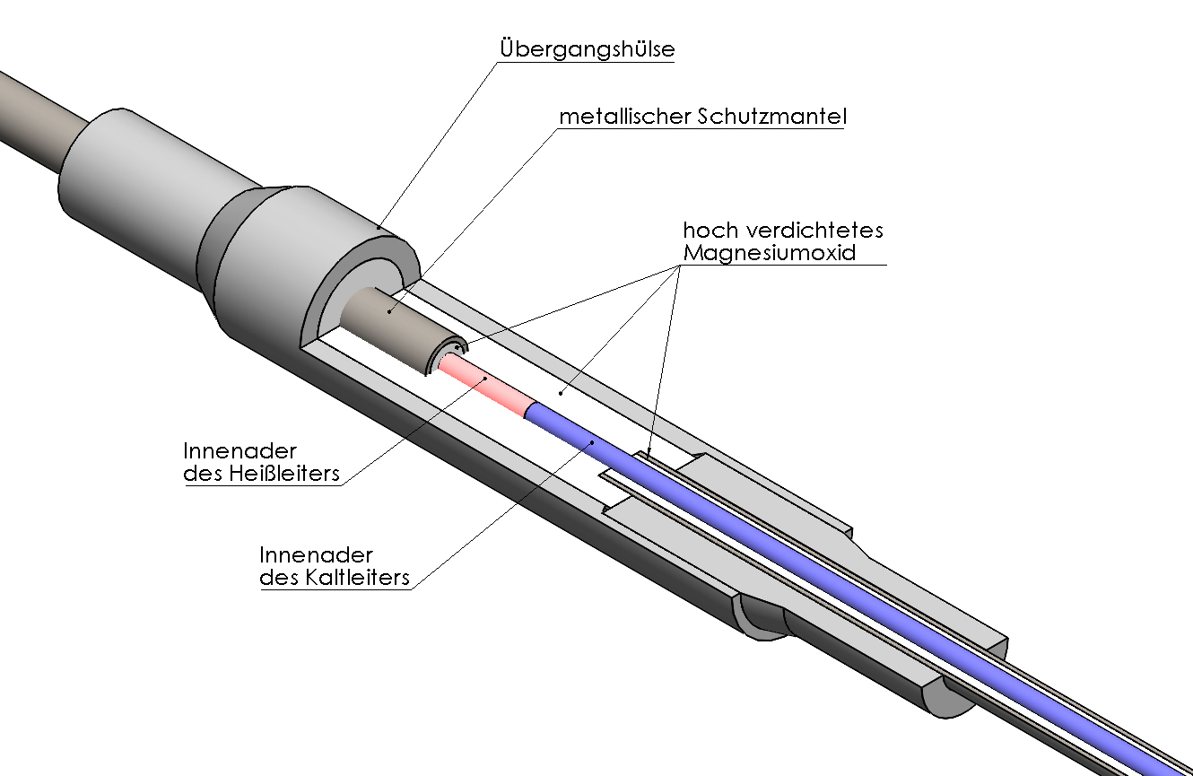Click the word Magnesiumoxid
(x=770, y=252)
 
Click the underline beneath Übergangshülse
(x=587, y=61)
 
